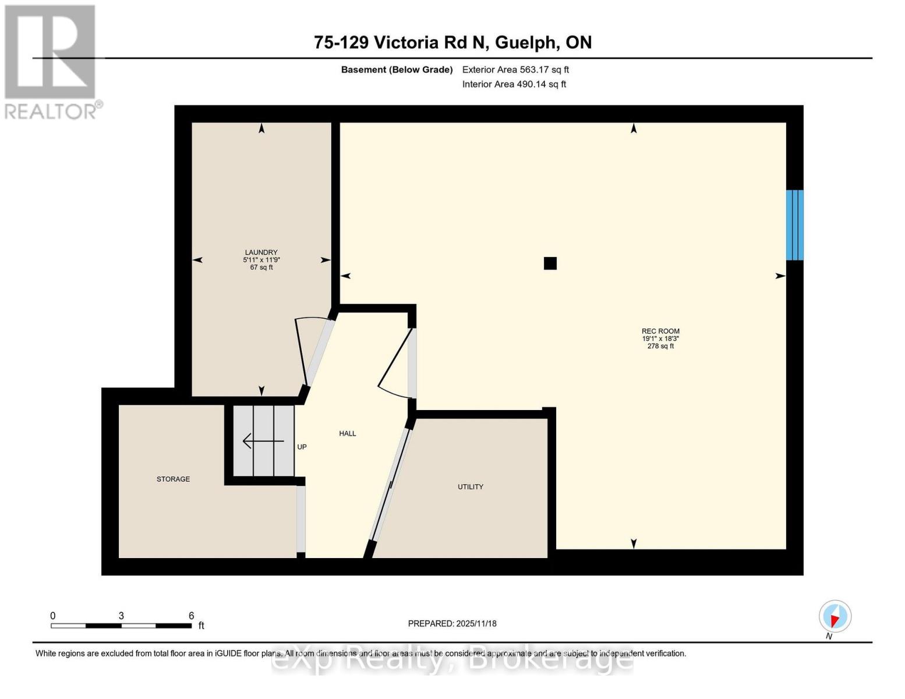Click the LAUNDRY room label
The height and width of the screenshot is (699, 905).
(261, 252)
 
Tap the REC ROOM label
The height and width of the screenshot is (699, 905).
(660, 331)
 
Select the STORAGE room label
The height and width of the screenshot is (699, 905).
(173, 479)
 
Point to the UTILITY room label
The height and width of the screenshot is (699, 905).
(470, 486)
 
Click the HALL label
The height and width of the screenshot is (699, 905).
(347, 433)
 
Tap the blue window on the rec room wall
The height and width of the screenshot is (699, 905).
(794, 225)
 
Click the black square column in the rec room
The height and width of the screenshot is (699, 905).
(550, 263)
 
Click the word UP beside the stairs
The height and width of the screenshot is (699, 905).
(302, 447)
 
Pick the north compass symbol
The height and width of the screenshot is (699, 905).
(835, 616)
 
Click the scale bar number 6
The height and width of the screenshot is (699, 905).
(191, 616)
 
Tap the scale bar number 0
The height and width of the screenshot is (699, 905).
(53, 616)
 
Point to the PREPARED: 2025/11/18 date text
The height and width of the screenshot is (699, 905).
(452, 623)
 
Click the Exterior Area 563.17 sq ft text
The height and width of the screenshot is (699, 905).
(515, 69)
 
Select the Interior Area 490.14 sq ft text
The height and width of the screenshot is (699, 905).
(514, 84)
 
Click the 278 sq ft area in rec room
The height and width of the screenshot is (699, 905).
(660, 346)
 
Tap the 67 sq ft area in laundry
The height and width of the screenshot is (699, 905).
(261, 267)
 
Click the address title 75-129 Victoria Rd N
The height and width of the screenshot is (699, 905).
(452, 43)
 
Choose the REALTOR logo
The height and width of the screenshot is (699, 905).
(51, 61)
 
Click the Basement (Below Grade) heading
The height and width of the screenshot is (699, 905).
(397, 69)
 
